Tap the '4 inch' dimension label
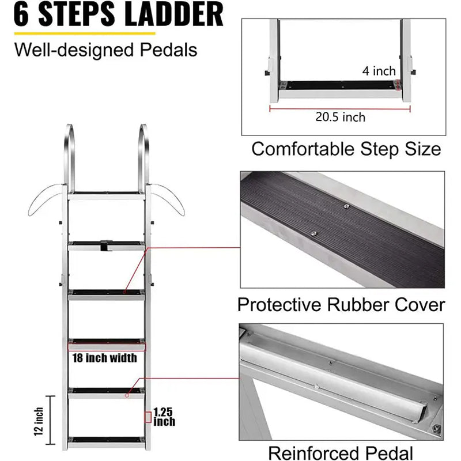[379, 71]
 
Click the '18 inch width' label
[105, 358]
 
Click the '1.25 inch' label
[164, 417]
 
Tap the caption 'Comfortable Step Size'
[346, 149]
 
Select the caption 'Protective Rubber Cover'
[341, 304]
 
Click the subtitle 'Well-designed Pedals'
[105, 49]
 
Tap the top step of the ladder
[106, 195]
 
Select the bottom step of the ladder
[106, 441]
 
